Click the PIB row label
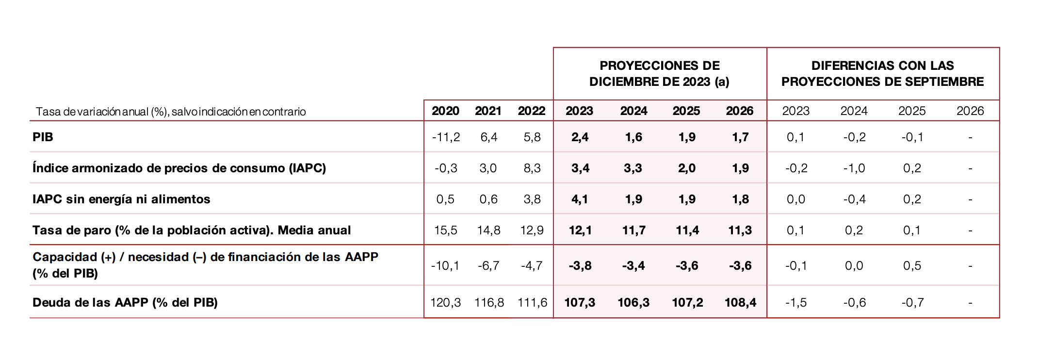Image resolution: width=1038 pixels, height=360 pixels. (43, 137)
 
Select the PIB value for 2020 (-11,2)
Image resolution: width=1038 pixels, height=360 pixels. (446, 137)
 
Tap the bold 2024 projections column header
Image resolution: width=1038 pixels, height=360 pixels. (633, 111)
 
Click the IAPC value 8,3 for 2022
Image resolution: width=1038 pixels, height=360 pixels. (532, 168)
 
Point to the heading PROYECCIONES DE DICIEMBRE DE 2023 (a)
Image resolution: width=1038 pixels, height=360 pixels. (659, 74)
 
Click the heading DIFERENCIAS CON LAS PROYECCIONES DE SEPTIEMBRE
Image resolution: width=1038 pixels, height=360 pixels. (882, 74)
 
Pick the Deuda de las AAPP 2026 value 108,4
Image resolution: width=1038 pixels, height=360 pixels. (740, 303)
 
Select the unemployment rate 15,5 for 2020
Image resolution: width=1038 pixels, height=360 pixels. (445, 230)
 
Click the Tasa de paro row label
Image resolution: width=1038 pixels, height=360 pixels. (192, 230)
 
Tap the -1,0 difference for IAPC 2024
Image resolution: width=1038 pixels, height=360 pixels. (854, 168)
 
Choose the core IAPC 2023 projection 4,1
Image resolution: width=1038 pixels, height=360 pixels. (580, 199)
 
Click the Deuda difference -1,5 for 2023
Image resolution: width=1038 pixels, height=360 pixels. (796, 303)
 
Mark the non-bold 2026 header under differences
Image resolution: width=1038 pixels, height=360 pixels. (970, 111)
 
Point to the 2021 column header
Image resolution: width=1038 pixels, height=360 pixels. (488, 111)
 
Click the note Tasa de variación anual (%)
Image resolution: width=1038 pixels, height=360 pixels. (171, 112)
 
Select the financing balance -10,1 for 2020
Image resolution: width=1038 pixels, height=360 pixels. (445, 266)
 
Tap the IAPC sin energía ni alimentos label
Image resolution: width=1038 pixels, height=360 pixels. (121, 199)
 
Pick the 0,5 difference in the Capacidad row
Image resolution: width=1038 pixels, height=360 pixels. (912, 266)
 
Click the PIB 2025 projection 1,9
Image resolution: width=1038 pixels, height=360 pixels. (687, 137)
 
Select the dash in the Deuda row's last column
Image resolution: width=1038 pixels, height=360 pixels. (970, 303)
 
